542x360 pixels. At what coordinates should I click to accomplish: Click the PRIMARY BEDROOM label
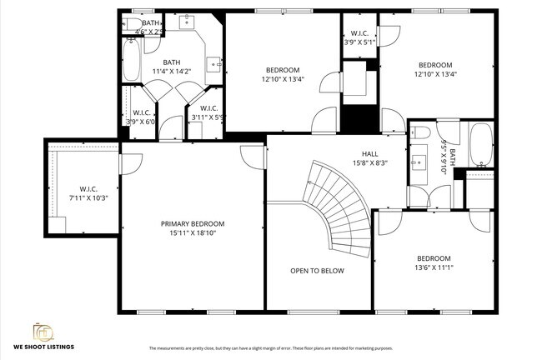[193, 223]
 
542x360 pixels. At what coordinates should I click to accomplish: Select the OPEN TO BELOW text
[317, 271]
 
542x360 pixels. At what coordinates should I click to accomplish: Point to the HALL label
[370, 153]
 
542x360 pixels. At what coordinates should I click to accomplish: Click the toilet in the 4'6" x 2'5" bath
[132, 23]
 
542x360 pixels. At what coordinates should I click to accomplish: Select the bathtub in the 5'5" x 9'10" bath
[481, 145]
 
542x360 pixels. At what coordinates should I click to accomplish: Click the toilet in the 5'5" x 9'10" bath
[422, 132]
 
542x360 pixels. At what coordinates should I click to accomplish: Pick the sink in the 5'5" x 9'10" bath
[419, 163]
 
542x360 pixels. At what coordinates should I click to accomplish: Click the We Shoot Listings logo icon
[43, 331]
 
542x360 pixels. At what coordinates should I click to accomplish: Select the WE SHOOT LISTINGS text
[43, 347]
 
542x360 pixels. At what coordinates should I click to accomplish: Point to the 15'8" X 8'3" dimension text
[370, 163]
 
